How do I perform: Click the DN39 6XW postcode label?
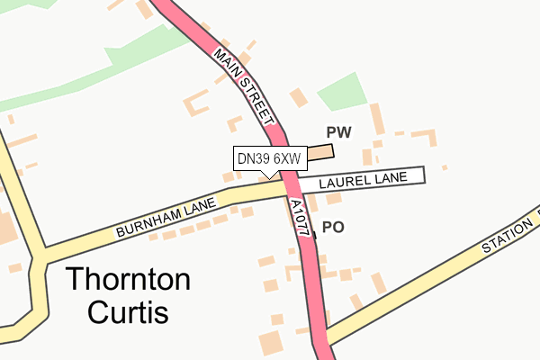point(267,158)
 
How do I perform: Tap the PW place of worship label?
point(338,132)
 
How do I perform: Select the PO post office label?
point(333,228)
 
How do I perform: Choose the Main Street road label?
point(244,87)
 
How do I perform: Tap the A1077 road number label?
point(301,219)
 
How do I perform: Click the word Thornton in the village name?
point(128,280)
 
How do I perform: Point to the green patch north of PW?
point(342,90)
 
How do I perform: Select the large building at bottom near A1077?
point(269,342)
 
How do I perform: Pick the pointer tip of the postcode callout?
point(269,175)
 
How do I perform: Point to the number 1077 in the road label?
point(302,223)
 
